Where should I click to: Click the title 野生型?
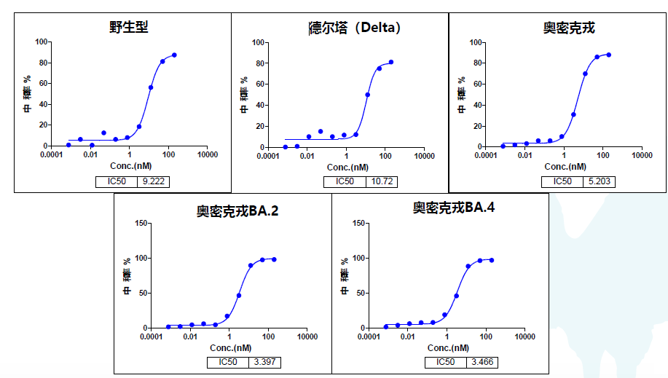(x=128, y=27)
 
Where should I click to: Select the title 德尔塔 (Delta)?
(x=354, y=28)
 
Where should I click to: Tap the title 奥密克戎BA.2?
(x=237, y=211)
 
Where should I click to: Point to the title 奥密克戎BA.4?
(x=454, y=208)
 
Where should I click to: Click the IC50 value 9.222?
(x=153, y=181)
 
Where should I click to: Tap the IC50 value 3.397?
(x=264, y=362)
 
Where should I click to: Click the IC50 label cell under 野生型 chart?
(x=116, y=181)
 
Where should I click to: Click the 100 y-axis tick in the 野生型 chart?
(x=41, y=42)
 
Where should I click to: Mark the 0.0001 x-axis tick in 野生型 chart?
(x=51, y=155)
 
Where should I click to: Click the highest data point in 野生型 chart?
(x=174, y=55)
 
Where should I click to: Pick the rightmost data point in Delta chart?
(x=391, y=62)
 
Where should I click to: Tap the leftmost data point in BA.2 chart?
(x=168, y=327)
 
